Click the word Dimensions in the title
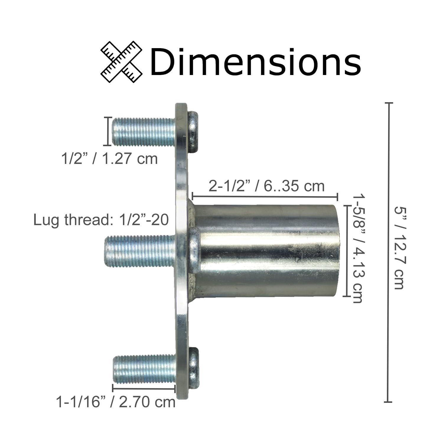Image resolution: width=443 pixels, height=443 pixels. coord(255,63)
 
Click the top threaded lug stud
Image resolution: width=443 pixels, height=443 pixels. coord(144,132)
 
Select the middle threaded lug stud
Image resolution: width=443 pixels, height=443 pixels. coord(140,251)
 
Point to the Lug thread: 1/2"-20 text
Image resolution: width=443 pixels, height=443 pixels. coord(101,220)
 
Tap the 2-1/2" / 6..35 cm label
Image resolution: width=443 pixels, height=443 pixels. coord(266,186)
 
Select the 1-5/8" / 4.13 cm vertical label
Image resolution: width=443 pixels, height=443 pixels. coord(359,248)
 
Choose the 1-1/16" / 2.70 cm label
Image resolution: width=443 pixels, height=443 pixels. coord(116,402)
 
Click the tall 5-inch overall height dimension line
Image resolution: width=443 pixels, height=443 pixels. coord(388,252)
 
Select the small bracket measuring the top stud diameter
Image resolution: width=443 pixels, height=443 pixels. coord(108,131)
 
